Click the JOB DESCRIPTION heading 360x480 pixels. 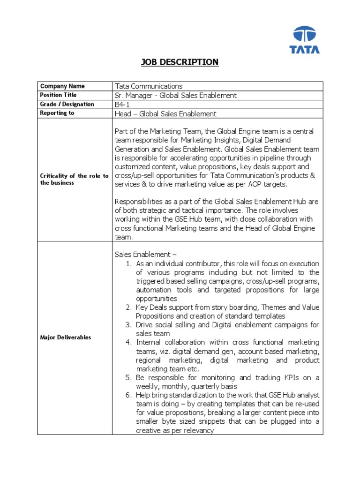click(180, 62)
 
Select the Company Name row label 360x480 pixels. click(62, 86)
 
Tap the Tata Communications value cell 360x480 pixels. click(149, 86)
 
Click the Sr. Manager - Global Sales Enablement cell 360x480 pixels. click(176, 96)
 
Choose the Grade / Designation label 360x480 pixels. click(67, 104)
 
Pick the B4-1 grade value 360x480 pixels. click(123, 105)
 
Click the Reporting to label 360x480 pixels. click(57, 113)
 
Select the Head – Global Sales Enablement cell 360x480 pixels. click(165, 113)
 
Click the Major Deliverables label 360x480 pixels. click(66, 337)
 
